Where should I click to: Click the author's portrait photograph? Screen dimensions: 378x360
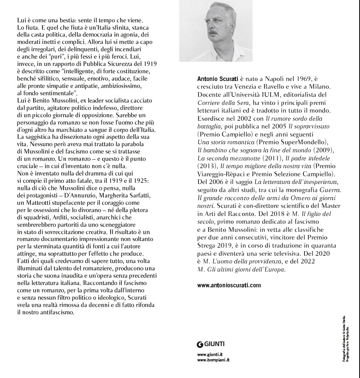point(216,31)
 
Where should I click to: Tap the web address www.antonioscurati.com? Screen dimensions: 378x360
point(229,285)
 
